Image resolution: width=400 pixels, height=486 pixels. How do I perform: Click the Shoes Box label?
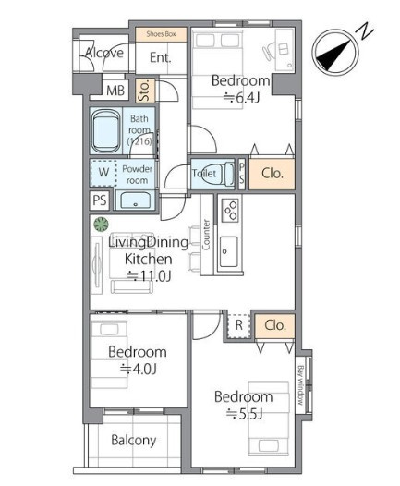coord(161,34)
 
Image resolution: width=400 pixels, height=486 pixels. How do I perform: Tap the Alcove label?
coord(104,53)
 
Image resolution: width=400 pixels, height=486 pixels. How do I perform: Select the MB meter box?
coord(115,91)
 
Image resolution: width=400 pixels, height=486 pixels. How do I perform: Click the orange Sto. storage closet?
coord(145,91)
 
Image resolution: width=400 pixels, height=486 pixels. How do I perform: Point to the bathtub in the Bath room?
coord(106,131)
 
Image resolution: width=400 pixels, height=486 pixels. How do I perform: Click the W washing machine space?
coord(103,173)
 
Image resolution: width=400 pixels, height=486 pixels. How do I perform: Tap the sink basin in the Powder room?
coord(136,200)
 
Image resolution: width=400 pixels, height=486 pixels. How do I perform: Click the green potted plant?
coord(102,225)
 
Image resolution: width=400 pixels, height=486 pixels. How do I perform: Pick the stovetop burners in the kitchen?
coord(230,210)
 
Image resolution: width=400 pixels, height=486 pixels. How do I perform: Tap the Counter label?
coord(206,235)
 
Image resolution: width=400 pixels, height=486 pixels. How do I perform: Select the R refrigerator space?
coord(239,325)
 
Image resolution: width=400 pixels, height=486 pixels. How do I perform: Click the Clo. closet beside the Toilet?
coord(272,174)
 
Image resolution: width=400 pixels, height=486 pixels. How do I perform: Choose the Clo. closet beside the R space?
coord(274,326)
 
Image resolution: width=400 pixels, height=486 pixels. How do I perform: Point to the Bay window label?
coord(300,385)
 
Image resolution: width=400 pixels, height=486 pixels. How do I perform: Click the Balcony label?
coord(134,441)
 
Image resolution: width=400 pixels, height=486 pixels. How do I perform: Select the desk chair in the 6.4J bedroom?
coord(269,51)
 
